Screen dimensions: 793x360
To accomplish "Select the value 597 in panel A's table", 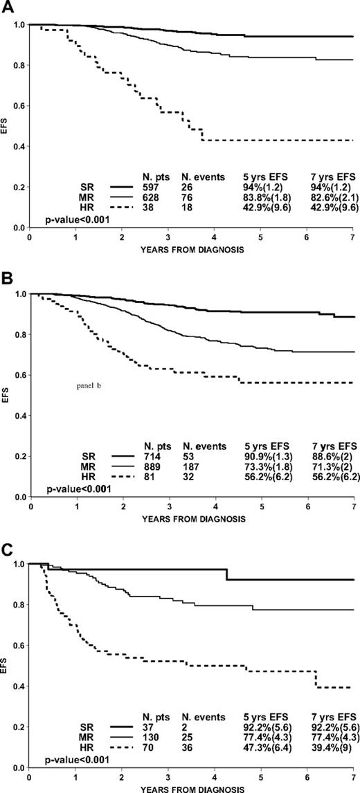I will (152, 186).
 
